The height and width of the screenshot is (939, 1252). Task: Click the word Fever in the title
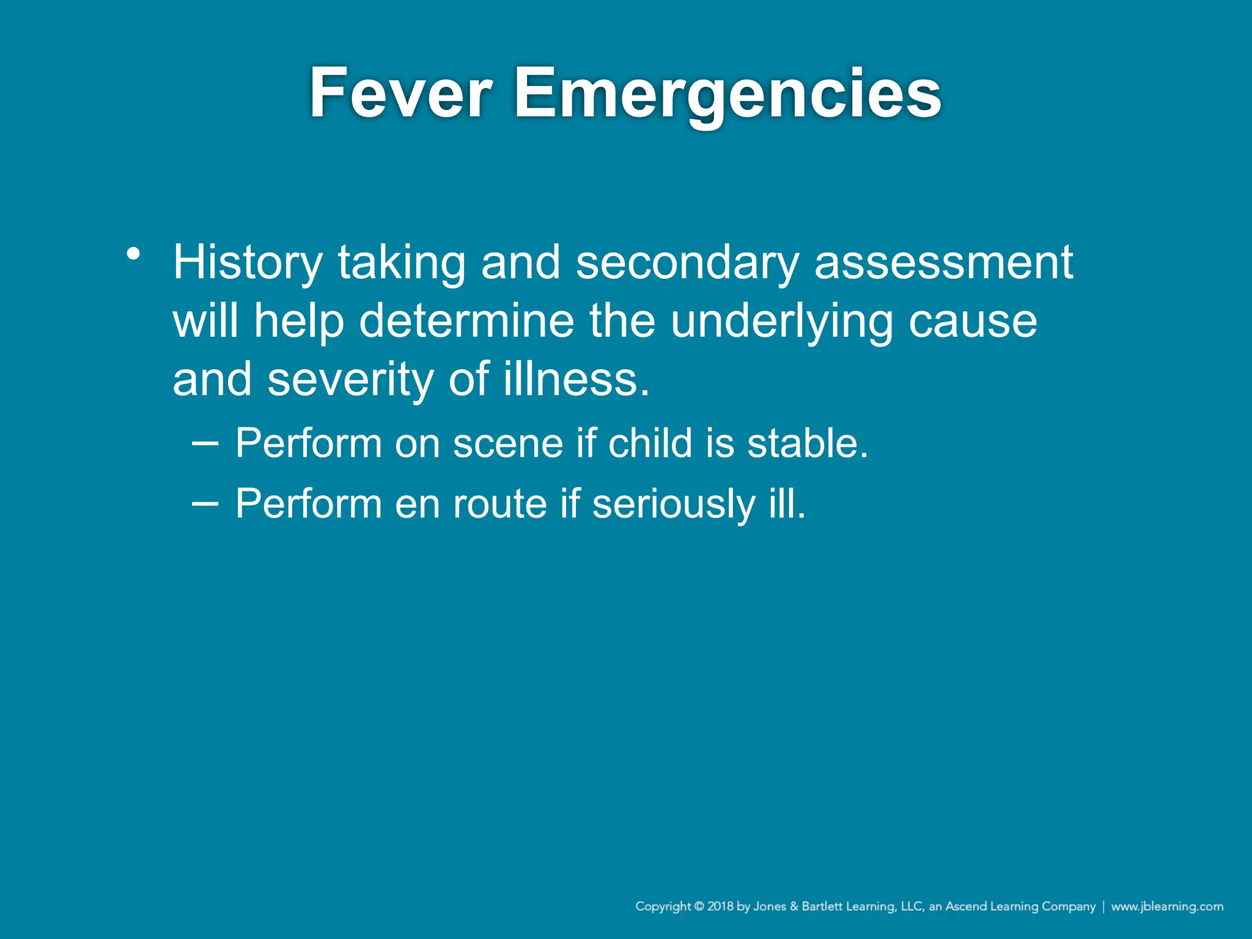tap(400, 94)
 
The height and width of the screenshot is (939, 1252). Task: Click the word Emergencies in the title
tap(727, 95)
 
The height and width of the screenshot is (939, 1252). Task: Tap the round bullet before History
tap(134, 253)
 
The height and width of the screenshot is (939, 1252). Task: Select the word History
tap(248, 263)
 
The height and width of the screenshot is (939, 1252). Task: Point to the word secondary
tap(687, 263)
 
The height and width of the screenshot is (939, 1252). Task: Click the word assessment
tap(943, 263)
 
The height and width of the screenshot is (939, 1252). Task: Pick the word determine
tap(466, 322)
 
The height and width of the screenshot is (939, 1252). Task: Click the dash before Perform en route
tap(204, 503)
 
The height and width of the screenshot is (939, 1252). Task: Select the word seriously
tap(673, 504)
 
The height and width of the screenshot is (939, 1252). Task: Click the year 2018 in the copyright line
tap(720, 906)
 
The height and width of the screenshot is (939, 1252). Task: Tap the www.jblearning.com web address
tap(1166, 906)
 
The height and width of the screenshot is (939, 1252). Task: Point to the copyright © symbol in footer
tap(699, 906)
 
